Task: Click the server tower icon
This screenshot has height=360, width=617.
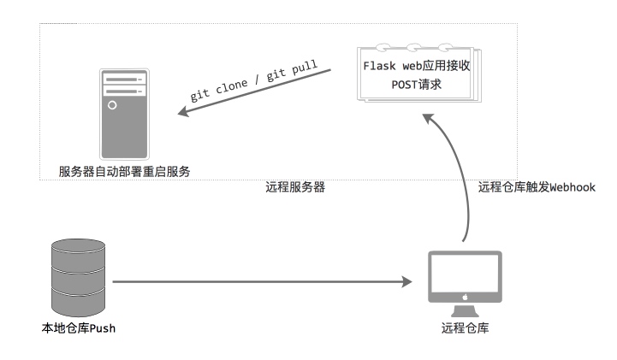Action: (x=124, y=114)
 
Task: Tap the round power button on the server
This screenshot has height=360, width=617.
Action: (x=112, y=105)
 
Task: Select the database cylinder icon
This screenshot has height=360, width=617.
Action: (x=79, y=277)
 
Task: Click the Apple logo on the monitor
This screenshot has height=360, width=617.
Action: (x=465, y=297)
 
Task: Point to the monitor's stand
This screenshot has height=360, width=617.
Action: (x=465, y=311)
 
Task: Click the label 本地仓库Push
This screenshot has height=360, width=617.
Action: (x=79, y=328)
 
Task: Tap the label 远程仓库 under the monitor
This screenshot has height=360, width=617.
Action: (x=465, y=328)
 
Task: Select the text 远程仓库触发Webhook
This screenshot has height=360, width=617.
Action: (x=537, y=187)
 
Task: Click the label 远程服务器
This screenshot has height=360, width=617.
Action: (x=295, y=187)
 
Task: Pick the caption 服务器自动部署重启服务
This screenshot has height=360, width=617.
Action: (x=124, y=171)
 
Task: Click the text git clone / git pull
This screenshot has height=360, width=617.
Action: (x=254, y=81)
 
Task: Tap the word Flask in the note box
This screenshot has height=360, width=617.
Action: (x=379, y=66)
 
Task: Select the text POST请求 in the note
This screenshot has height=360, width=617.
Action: (x=416, y=85)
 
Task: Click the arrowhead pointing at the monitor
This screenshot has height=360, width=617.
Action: (x=406, y=281)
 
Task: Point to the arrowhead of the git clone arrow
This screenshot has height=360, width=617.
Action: (x=183, y=111)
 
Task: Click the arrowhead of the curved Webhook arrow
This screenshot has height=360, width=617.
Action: (x=428, y=118)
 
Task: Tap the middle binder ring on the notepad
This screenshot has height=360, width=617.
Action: (x=413, y=48)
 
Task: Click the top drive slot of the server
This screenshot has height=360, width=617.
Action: (x=124, y=80)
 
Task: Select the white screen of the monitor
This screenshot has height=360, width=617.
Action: (x=465, y=273)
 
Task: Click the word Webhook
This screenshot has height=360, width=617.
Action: (x=573, y=187)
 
